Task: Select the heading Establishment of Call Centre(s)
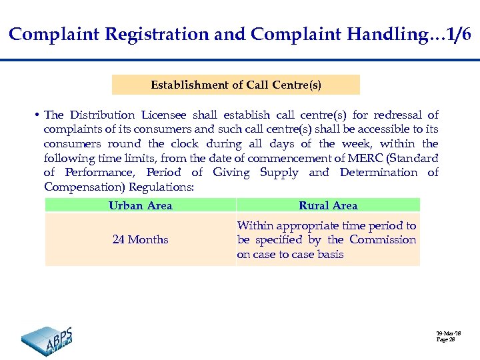235,85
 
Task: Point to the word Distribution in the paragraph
103,115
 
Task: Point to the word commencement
247,158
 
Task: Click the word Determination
378,173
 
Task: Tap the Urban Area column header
140,205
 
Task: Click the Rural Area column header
328,205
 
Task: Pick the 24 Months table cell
140,239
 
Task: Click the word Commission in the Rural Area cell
383,239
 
